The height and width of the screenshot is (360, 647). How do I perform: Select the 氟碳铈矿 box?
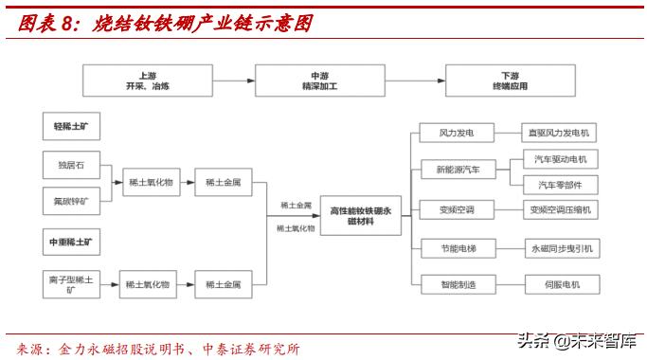[x=71, y=200]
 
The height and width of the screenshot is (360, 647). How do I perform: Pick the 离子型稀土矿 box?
[x=71, y=283]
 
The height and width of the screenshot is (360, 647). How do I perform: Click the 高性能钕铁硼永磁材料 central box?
[x=360, y=215]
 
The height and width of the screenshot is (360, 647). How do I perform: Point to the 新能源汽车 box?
[x=458, y=171]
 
